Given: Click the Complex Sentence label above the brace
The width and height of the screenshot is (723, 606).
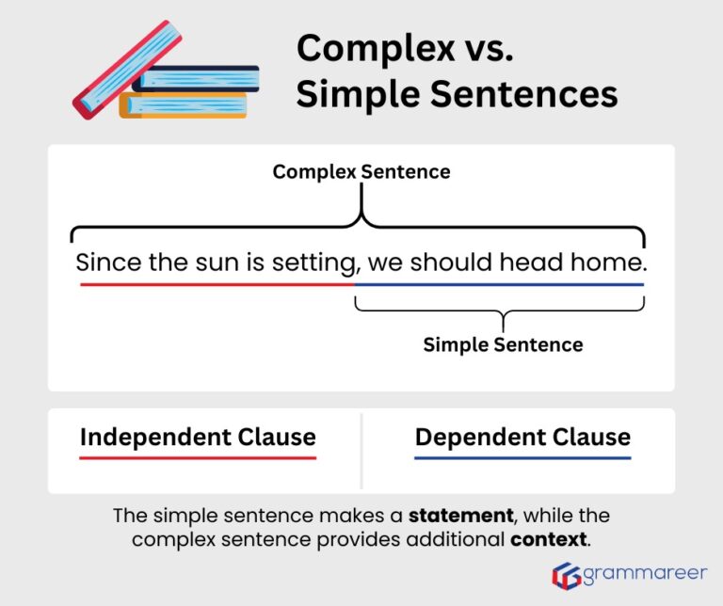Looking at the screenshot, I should [x=361, y=172].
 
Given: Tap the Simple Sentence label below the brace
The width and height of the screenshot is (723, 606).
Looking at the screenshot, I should [x=503, y=344].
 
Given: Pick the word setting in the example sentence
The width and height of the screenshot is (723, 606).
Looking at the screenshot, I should [x=314, y=263].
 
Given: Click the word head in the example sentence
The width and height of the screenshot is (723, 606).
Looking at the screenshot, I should [x=532, y=263].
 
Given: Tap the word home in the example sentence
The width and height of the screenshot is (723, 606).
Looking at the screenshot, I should [x=607, y=263].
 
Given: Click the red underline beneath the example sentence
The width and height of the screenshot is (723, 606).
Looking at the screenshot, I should [x=217, y=284].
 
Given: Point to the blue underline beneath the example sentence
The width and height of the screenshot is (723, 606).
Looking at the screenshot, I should [x=499, y=284].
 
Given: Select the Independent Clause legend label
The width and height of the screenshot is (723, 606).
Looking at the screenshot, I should [x=198, y=438].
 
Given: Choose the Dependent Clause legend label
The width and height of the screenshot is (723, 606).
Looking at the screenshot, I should [x=522, y=438].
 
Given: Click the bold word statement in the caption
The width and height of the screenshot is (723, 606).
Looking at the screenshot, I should [x=460, y=516].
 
